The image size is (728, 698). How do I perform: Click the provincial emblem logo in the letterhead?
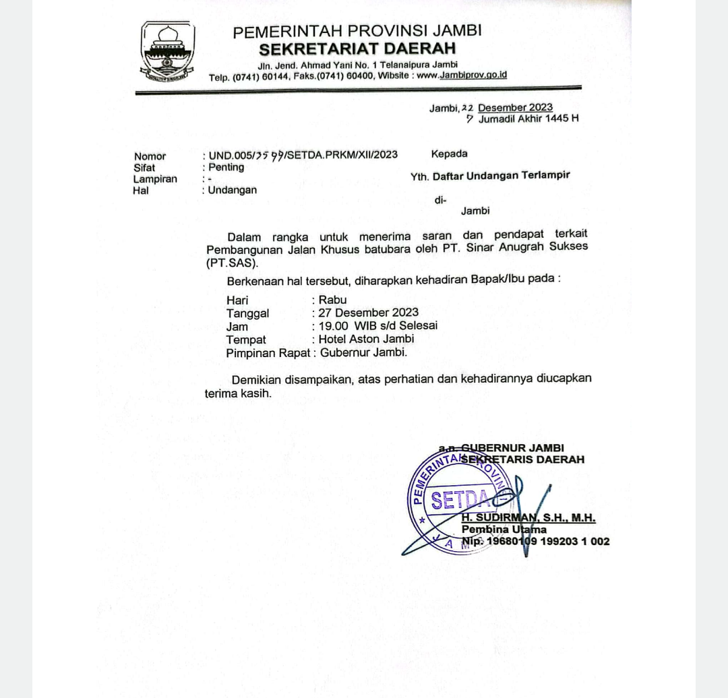click(x=168, y=52)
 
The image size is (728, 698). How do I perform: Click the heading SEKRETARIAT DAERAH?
click(x=357, y=49)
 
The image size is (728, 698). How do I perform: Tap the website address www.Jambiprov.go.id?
click(x=462, y=75)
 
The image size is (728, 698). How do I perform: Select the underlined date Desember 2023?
click(x=515, y=108)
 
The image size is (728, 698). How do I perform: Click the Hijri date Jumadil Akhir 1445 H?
click(x=528, y=119)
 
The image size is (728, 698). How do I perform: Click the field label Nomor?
click(x=150, y=156)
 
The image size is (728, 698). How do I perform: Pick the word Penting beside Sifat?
click(x=226, y=168)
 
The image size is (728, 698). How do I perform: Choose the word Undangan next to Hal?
click(x=233, y=190)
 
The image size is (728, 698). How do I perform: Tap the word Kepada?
click(x=449, y=154)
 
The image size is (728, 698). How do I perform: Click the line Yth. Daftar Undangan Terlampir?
click(x=490, y=176)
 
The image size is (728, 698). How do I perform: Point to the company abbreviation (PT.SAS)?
click(x=232, y=263)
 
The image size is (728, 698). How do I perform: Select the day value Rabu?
click(x=333, y=300)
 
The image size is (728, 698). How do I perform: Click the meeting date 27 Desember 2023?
click(x=369, y=313)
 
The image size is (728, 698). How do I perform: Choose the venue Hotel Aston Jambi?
click(x=367, y=340)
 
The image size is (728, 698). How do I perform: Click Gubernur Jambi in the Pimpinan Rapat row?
click(x=363, y=352)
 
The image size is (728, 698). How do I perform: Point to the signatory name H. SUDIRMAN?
click(x=499, y=519)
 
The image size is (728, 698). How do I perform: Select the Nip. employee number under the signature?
click(x=535, y=542)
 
